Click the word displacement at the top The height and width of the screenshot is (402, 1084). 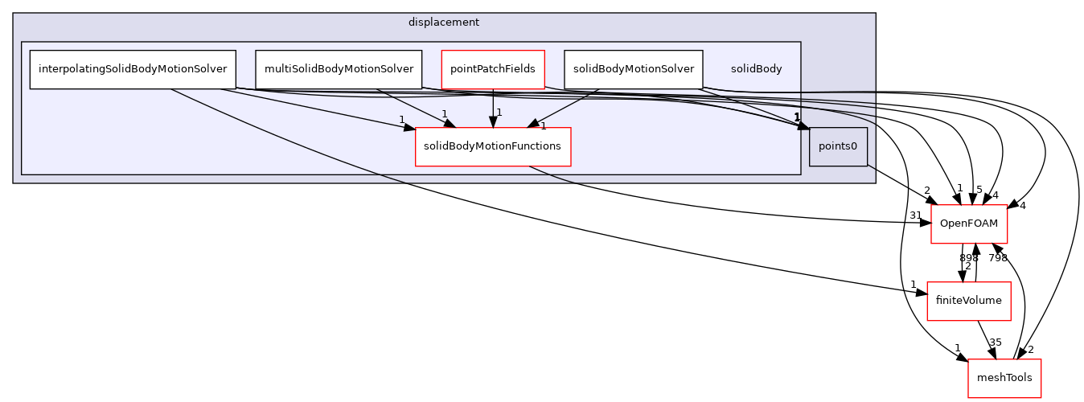click(443, 23)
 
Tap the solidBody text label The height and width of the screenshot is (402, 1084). click(756, 69)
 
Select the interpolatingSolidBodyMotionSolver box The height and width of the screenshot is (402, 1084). click(133, 69)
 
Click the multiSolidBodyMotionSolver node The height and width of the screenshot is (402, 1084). click(339, 69)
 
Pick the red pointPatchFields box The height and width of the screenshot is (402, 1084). click(493, 69)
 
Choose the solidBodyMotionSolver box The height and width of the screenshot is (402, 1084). click(633, 69)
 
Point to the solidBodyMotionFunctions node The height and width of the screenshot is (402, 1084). click(493, 146)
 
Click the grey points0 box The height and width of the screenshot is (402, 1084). click(838, 146)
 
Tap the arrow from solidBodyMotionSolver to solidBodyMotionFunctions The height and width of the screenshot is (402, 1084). click(563, 107)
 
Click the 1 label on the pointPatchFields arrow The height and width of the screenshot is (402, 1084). click(499, 113)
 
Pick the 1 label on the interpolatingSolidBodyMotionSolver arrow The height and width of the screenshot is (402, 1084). click(401, 120)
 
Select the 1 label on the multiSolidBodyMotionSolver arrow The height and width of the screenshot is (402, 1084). click(444, 114)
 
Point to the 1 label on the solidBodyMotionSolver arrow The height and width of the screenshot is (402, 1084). click(543, 126)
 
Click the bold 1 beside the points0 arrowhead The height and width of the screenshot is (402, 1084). click(797, 118)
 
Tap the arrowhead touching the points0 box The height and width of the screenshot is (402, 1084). click(803, 126)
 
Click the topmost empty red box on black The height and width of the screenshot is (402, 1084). click(969, 224)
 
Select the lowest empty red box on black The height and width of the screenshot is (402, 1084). click(1004, 378)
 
